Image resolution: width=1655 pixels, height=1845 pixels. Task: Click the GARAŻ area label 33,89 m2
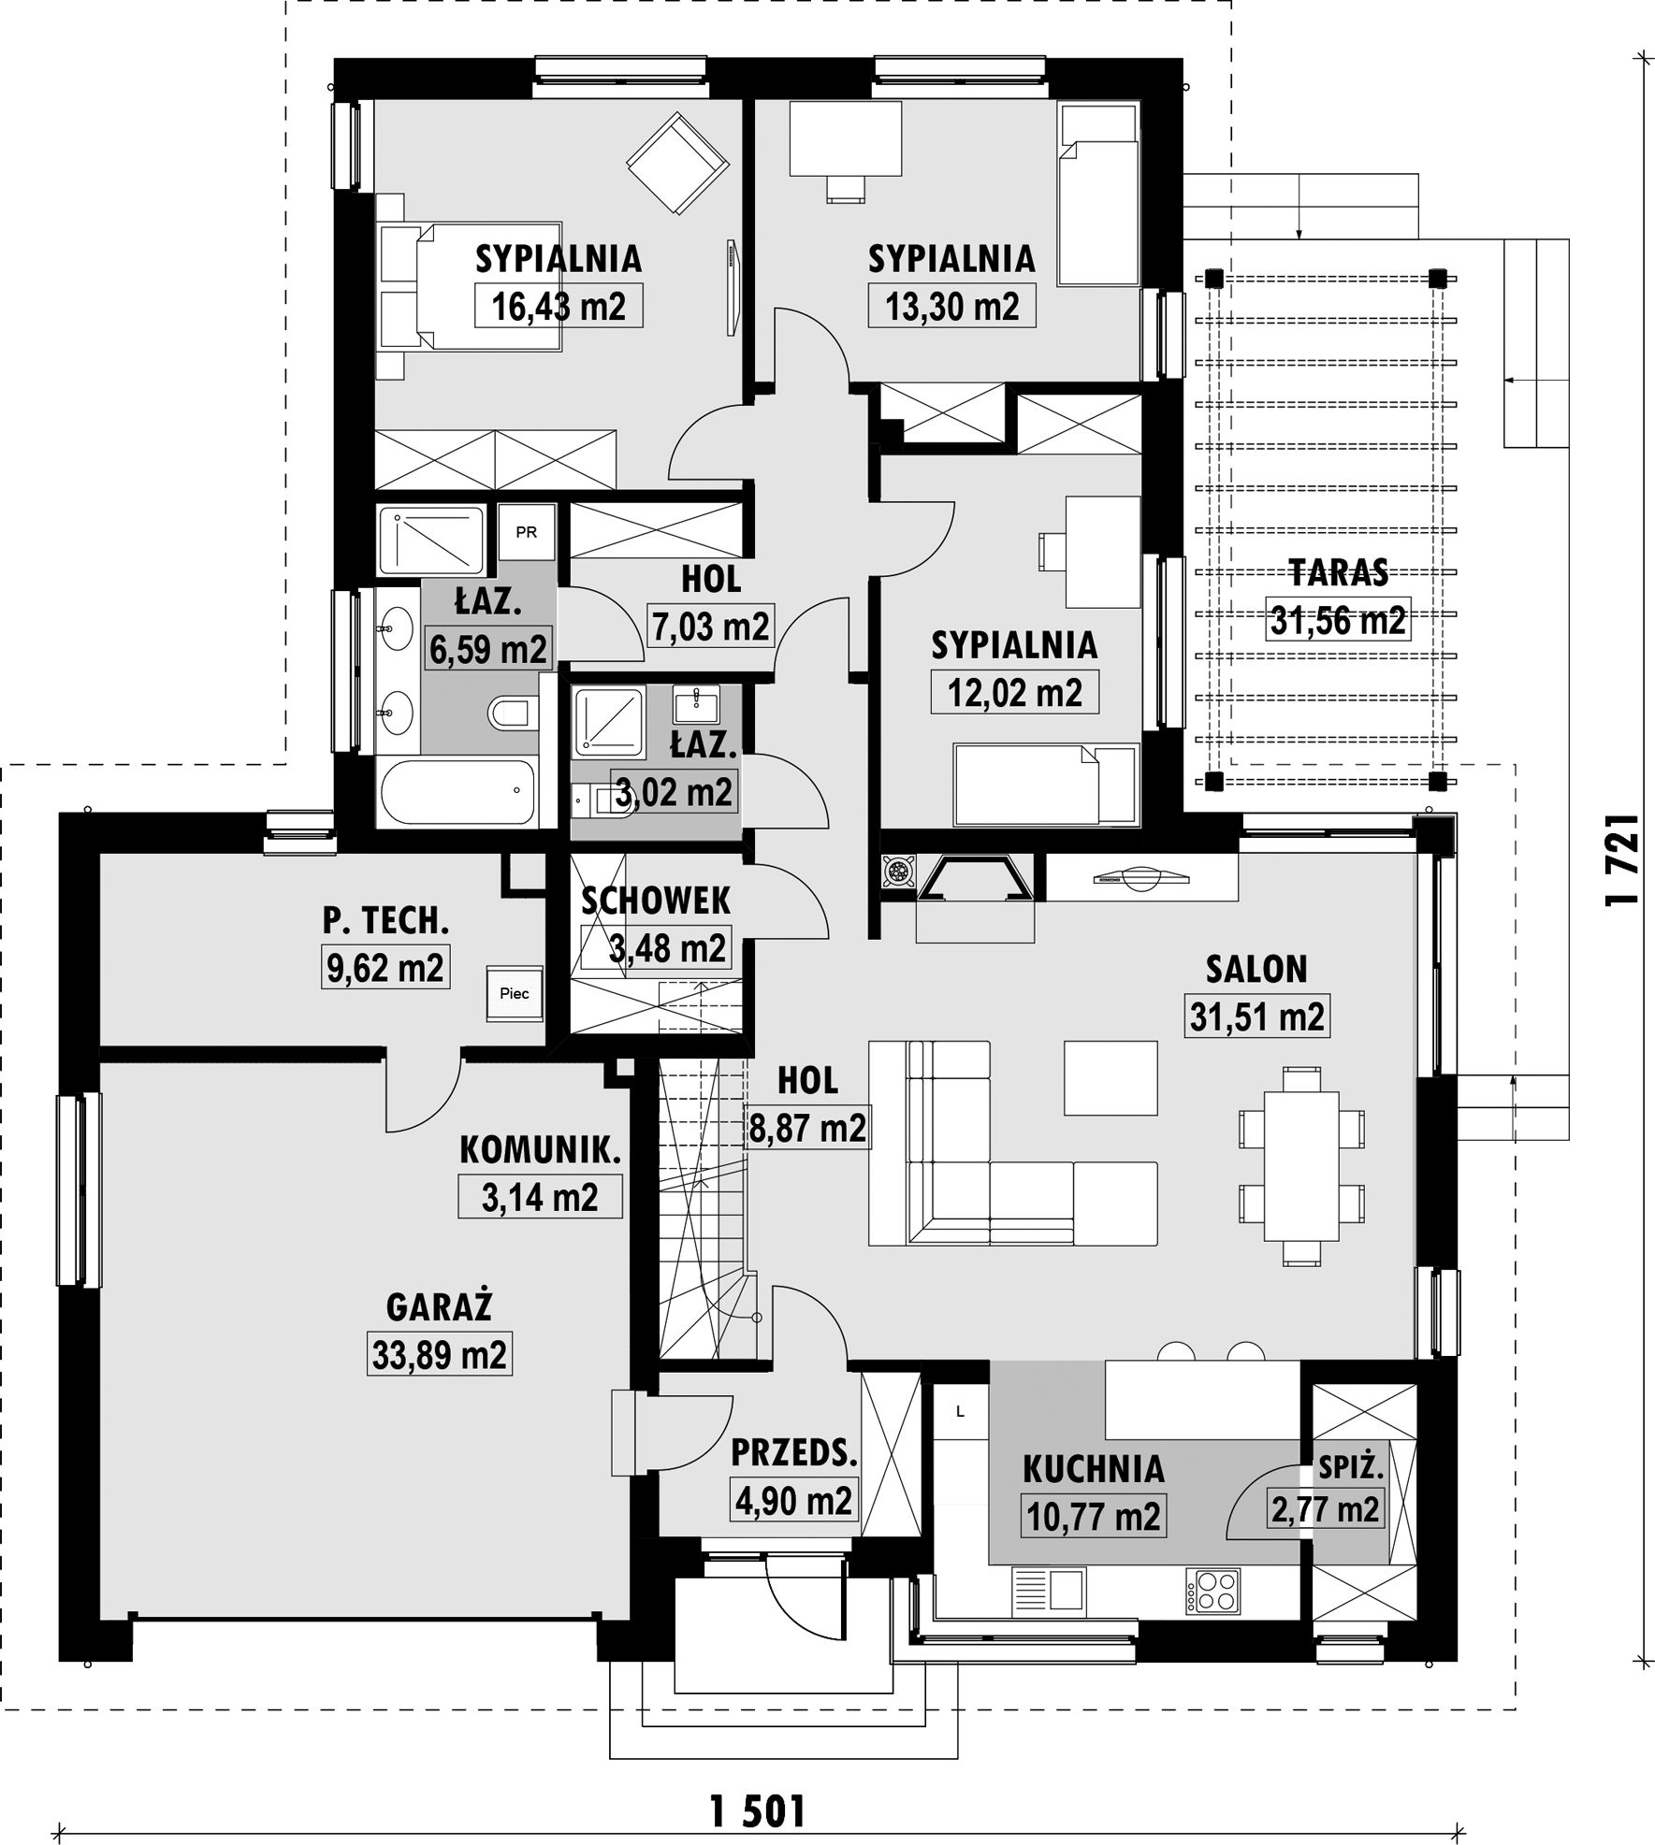tap(439, 1354)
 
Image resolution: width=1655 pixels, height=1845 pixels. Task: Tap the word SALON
tap(1256, 969)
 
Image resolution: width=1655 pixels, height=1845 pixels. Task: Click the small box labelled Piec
tap(514, 993)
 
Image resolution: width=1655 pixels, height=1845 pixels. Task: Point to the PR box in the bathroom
tap(527, 532)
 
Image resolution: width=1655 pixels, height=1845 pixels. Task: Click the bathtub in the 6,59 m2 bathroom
tap(457, 792)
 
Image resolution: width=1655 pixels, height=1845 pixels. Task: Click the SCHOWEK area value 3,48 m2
tap(667, 948)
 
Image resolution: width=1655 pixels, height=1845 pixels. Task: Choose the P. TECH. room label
tap(385, 920)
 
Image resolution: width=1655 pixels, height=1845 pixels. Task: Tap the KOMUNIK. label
tap(540, 1150)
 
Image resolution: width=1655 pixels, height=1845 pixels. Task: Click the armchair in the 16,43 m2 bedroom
tap(677, 162)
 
